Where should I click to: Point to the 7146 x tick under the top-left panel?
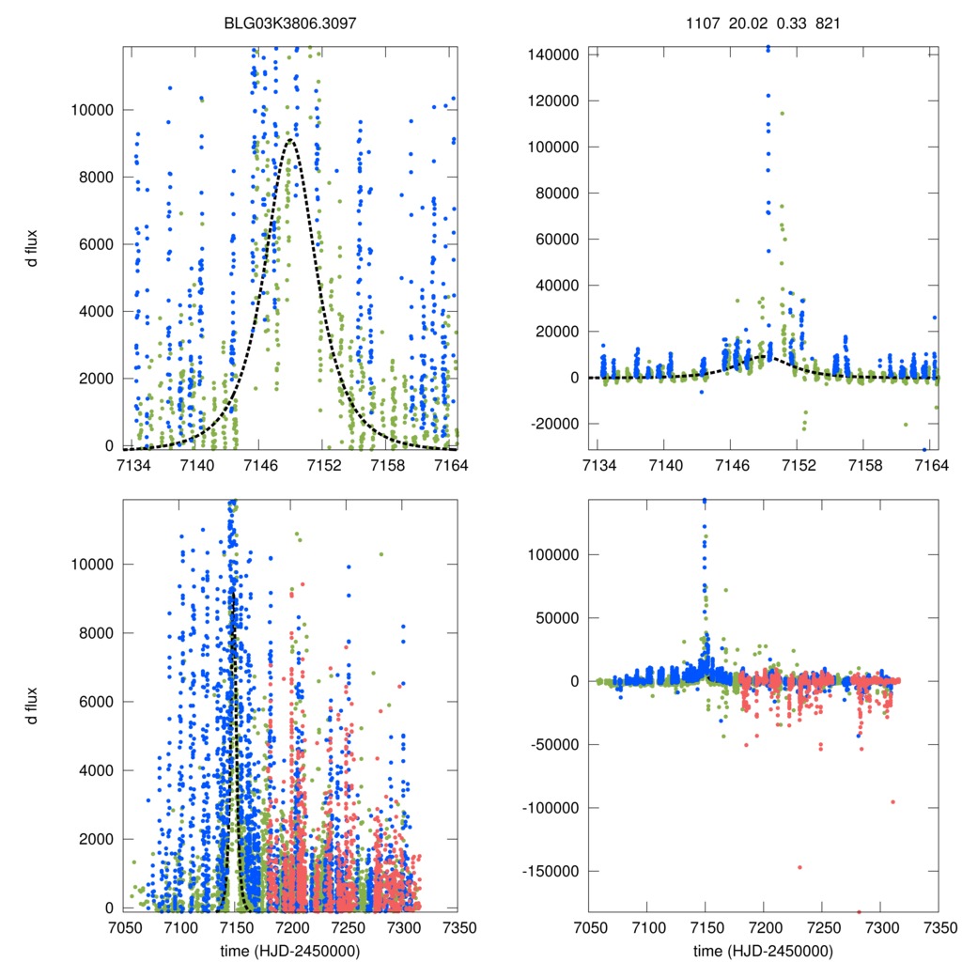point(258,465)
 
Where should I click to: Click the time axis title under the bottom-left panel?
point(289,950)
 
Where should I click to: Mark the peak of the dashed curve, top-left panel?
point(290,140)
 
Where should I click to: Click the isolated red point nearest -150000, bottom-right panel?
point(799,867)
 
